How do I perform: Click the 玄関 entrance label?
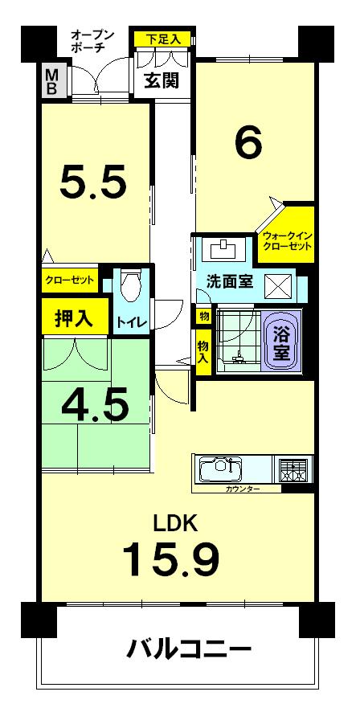(161, 80)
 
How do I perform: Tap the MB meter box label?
(51, 81)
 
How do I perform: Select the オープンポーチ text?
(92, 41)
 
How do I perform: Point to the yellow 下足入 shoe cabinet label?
(163, 39)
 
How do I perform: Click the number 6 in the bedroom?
(248, 143)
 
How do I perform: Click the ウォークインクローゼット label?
(286, 241)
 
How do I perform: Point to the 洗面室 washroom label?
(230, 282)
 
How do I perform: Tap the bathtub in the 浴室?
(282, 342)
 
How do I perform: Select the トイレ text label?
(131, 322)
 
